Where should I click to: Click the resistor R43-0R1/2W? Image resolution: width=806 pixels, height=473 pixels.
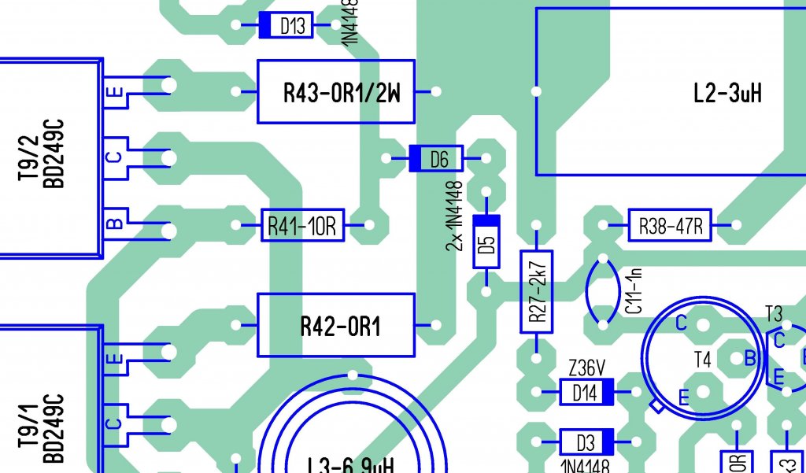coord(336,92)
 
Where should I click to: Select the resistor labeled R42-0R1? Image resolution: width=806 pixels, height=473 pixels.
coord(336,325)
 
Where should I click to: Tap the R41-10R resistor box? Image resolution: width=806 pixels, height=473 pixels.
coord(302,226)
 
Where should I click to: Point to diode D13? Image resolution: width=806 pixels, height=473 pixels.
coord(286,26)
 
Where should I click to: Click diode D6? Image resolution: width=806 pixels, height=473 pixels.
coord(437,160)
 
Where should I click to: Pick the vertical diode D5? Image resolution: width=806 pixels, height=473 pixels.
coord(486,242)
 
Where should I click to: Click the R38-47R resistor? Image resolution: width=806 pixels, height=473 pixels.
coord(670,226)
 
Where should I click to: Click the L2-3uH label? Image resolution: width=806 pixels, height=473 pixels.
coord(727,94)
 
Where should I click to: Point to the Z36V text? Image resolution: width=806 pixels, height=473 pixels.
coord(586,368)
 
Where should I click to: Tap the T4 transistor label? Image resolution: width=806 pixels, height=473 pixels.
coord(703,360)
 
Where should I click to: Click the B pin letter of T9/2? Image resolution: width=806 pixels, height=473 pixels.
coord(114,224)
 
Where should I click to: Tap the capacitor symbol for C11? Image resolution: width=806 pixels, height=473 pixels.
coord(603,291)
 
